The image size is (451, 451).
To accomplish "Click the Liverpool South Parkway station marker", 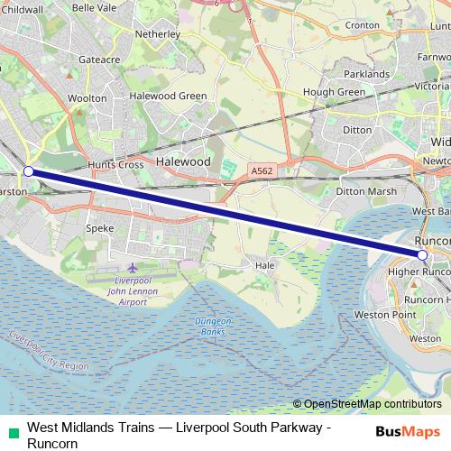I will coord(28,170).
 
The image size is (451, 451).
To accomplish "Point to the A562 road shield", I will coord(262,170).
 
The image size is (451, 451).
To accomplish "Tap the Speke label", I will coord(99,228).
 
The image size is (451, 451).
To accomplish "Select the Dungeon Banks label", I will coord(214,327).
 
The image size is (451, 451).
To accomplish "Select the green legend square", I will coord(10,431).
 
